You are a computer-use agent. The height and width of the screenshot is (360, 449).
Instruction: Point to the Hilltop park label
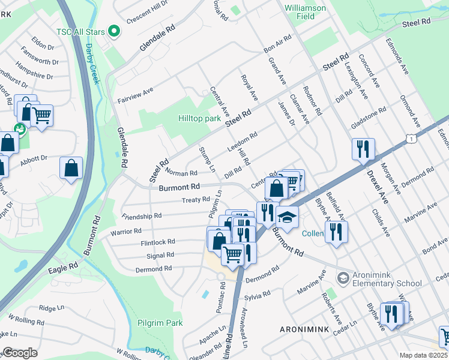tap(200, 119)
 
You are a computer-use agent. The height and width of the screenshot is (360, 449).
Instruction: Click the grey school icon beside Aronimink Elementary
tap(343, 277)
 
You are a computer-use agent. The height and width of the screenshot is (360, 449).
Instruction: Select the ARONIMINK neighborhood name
tap(305, 330)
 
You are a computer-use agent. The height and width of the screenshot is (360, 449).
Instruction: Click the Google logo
tap(20, 353)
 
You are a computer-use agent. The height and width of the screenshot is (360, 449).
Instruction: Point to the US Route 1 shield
tap(411, 139)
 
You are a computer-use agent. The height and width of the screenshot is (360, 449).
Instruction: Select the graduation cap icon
tap(288, 217)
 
